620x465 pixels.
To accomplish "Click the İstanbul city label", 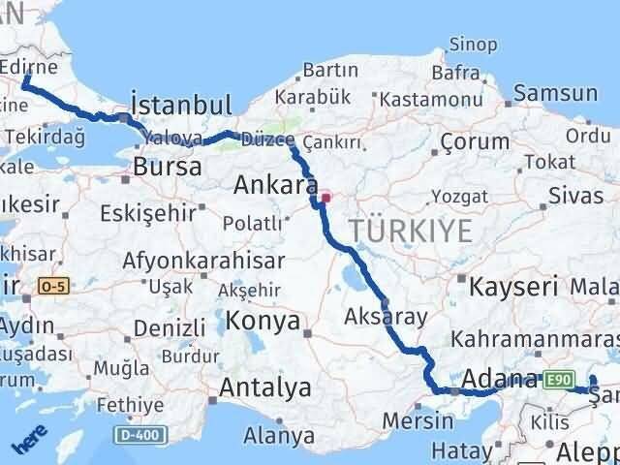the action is (x=181, y=105).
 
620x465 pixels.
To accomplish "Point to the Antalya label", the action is (x=265, y=388).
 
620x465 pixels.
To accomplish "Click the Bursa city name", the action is (x=168, y=167).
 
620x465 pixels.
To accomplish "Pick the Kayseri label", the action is (x=513, y=286).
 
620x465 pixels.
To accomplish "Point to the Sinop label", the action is (x=474, y=45).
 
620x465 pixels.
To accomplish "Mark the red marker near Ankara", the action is (x=326, y=198).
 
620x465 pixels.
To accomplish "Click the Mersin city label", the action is (x=418, y=420).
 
